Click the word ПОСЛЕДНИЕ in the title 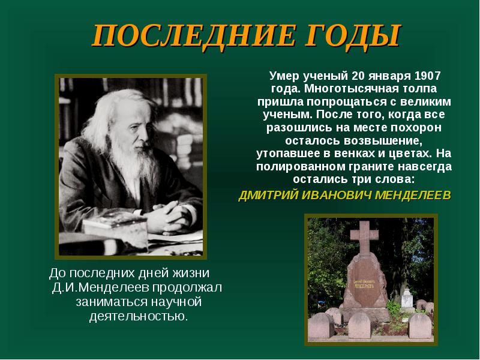[x=194, y=35]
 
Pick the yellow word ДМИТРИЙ [x=268, y=195]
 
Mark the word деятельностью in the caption [x=139, y=316]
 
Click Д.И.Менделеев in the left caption [x=100, y=287]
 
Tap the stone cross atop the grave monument [x=364, y=238]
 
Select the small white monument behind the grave [x=407, y=299]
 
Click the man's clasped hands [x=170, y=218]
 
